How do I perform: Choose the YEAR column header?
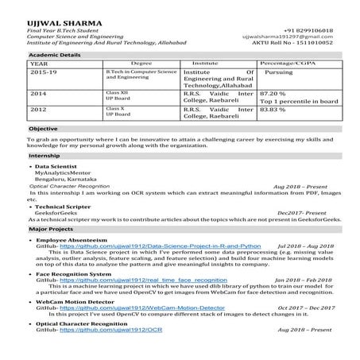(x=39, y=62)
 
